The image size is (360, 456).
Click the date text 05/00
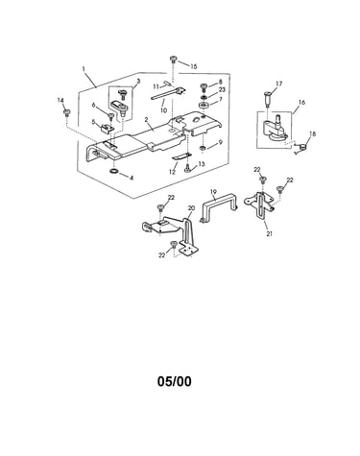point(175,381)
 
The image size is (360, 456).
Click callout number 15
point(193,66)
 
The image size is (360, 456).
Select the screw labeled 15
point(173,60)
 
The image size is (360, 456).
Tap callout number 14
point(60,101)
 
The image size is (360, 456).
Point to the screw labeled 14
point(67,113)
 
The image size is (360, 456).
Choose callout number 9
point(220,142)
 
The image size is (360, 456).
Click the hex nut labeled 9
point(203,148)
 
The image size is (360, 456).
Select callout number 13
point(201,164)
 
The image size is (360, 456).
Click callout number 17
point(279,84)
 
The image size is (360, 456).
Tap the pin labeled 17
point(268,98)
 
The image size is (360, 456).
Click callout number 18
point(312,134)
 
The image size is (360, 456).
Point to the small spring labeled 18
point(300,147)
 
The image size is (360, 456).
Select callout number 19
point(214,192)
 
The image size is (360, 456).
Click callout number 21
point(270,234)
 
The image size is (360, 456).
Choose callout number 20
point(191,208)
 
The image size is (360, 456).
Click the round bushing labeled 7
point(203,106)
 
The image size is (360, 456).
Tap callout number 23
point(222,90)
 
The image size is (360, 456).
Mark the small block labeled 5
point(106,128)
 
